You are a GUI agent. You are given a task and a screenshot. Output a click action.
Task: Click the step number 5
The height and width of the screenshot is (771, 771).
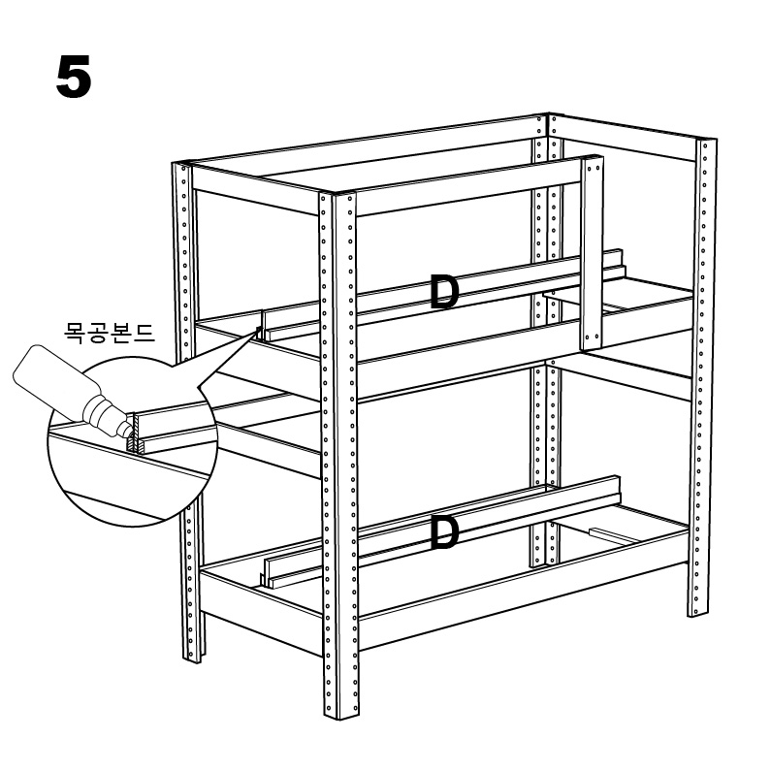tap(74, 77)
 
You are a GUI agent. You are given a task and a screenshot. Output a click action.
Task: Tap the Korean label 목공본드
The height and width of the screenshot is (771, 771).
tap(110, 333)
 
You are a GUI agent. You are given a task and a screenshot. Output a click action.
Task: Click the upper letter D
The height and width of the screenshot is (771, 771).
tap(443, 292)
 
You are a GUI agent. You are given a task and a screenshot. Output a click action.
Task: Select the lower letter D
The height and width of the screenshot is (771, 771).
tap(443, 533)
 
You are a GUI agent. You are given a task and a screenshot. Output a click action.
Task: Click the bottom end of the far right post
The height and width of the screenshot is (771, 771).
tap(697, 612)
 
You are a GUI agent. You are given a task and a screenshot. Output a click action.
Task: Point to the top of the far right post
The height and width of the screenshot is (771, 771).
tap(706, 141)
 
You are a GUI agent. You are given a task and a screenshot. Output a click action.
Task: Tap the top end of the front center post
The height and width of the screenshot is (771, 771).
tap(337, 194)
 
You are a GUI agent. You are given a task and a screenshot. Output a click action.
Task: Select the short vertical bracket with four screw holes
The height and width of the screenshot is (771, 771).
tap(592, 254)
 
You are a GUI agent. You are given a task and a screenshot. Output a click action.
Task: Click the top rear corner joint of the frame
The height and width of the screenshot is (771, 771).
tap(548, 116)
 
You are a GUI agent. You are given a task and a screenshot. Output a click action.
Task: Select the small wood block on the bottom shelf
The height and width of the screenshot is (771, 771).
tap(615, 535)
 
